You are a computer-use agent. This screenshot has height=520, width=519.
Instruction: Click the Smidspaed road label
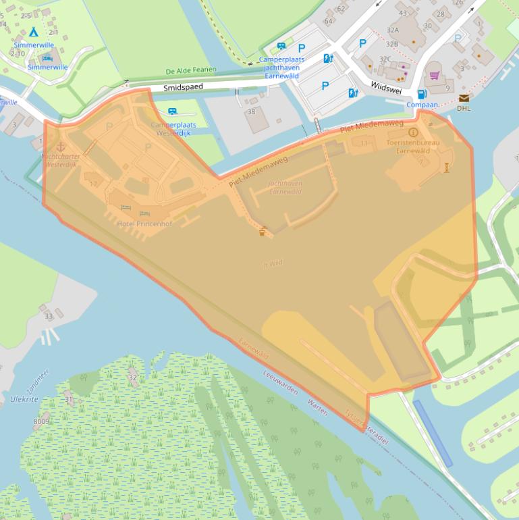[183, 86]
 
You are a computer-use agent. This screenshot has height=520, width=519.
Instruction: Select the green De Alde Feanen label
[189, 71]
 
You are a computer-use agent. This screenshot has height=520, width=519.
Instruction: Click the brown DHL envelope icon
[464, 98]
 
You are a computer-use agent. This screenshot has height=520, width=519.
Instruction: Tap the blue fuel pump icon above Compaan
[422, 94]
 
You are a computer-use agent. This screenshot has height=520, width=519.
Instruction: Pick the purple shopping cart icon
[434, 75]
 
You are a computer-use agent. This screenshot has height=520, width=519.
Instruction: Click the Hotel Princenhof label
[144, 224]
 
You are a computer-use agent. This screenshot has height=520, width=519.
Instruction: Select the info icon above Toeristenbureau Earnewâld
[413, 132]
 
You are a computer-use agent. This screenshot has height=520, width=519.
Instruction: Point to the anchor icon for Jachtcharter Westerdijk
[60, 146]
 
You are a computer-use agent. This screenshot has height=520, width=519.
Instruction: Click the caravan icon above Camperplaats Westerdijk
[173, 111]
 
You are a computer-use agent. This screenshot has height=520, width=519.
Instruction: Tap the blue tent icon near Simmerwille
[33, 32]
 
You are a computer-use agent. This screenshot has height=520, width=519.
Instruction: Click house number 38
[252, 111]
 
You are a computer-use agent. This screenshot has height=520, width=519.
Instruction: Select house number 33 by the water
[48, 316]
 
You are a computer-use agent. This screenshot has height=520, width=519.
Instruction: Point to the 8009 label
[41, 421]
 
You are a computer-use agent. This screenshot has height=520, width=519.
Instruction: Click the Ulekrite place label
[24, 399]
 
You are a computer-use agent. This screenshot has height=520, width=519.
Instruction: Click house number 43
[403, 13]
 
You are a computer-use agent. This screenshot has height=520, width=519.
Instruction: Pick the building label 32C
[385, 59]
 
